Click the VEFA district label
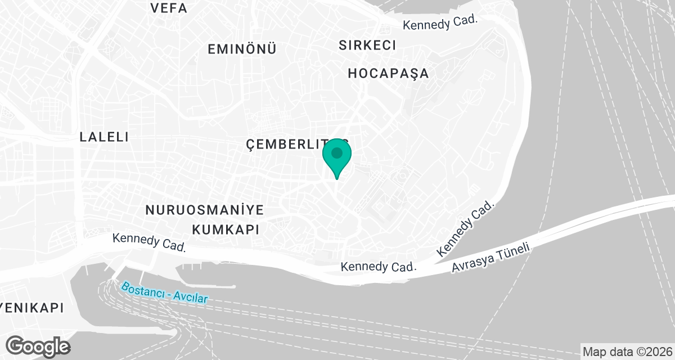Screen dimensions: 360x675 click(x=169, y=8)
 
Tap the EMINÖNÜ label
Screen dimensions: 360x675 click(x=242, y=49)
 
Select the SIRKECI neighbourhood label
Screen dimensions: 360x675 click(x=368, y=45)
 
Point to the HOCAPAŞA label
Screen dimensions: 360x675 click(x=388, y=73)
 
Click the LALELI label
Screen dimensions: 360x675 click(x=105, y=137)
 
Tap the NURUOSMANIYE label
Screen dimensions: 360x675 click(x=205, y=210)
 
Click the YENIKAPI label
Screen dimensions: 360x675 click(x=31, y=308)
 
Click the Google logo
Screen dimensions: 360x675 click(x=38, y=346)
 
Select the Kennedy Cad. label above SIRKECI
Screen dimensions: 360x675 click(x=440, y=22)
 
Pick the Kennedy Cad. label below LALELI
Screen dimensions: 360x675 click(x=149, y=242)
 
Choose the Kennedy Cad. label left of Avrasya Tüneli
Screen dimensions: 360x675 click(x=378, y=266)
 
